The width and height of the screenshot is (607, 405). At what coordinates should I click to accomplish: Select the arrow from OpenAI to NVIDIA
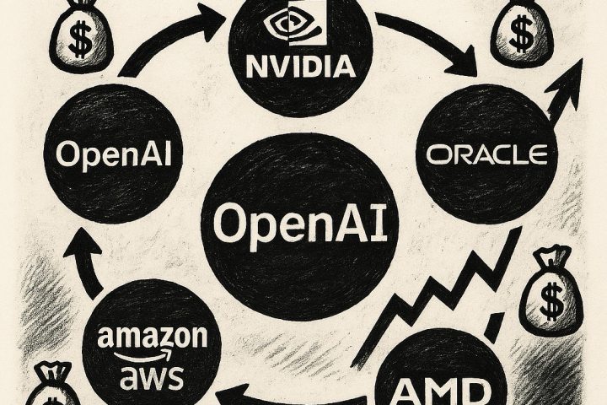pos(160,42)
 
